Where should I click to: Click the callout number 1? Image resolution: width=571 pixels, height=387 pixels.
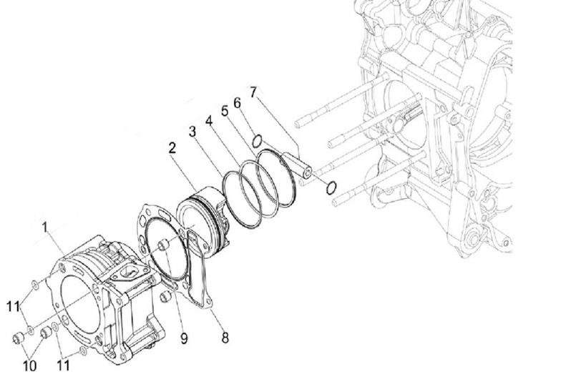[x=45, y=227]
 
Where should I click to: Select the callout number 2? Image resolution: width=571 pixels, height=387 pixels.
[x=172, y=148]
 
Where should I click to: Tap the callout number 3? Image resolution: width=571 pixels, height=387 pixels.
[x=192, y=132]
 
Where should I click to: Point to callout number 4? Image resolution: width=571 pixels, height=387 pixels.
[x=209, y=121]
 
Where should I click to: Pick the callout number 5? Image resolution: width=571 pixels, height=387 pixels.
[x=225, y=111]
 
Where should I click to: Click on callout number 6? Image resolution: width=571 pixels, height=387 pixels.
[x=237, y=103]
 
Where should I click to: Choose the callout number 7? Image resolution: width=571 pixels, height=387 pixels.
[x=254, y=92]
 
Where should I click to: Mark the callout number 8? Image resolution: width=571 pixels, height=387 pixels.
[x=225, y=338]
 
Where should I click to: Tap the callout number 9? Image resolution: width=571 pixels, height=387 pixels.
[x=185, y=338]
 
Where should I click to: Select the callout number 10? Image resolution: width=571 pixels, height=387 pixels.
[x=30, y=366]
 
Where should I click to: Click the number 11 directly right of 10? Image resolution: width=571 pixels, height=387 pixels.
[x=64, y=365]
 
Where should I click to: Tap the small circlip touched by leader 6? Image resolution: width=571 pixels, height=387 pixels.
[x=257, y=141]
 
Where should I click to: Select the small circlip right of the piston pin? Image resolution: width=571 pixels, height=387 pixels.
[x=331, y=187]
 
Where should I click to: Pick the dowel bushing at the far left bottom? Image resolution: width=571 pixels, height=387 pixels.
[x=18, y=338]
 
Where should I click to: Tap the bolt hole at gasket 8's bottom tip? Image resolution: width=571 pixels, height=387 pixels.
[x=208, y=303]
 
